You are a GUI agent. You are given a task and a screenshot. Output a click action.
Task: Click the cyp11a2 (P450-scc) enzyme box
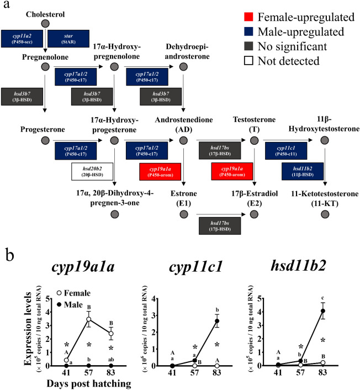click(26, 39)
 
